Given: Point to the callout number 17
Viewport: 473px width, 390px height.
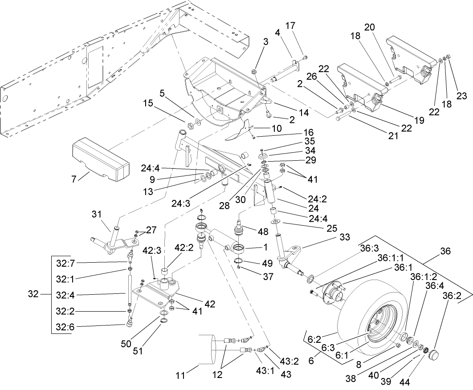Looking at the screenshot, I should click(x=303, y=26).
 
